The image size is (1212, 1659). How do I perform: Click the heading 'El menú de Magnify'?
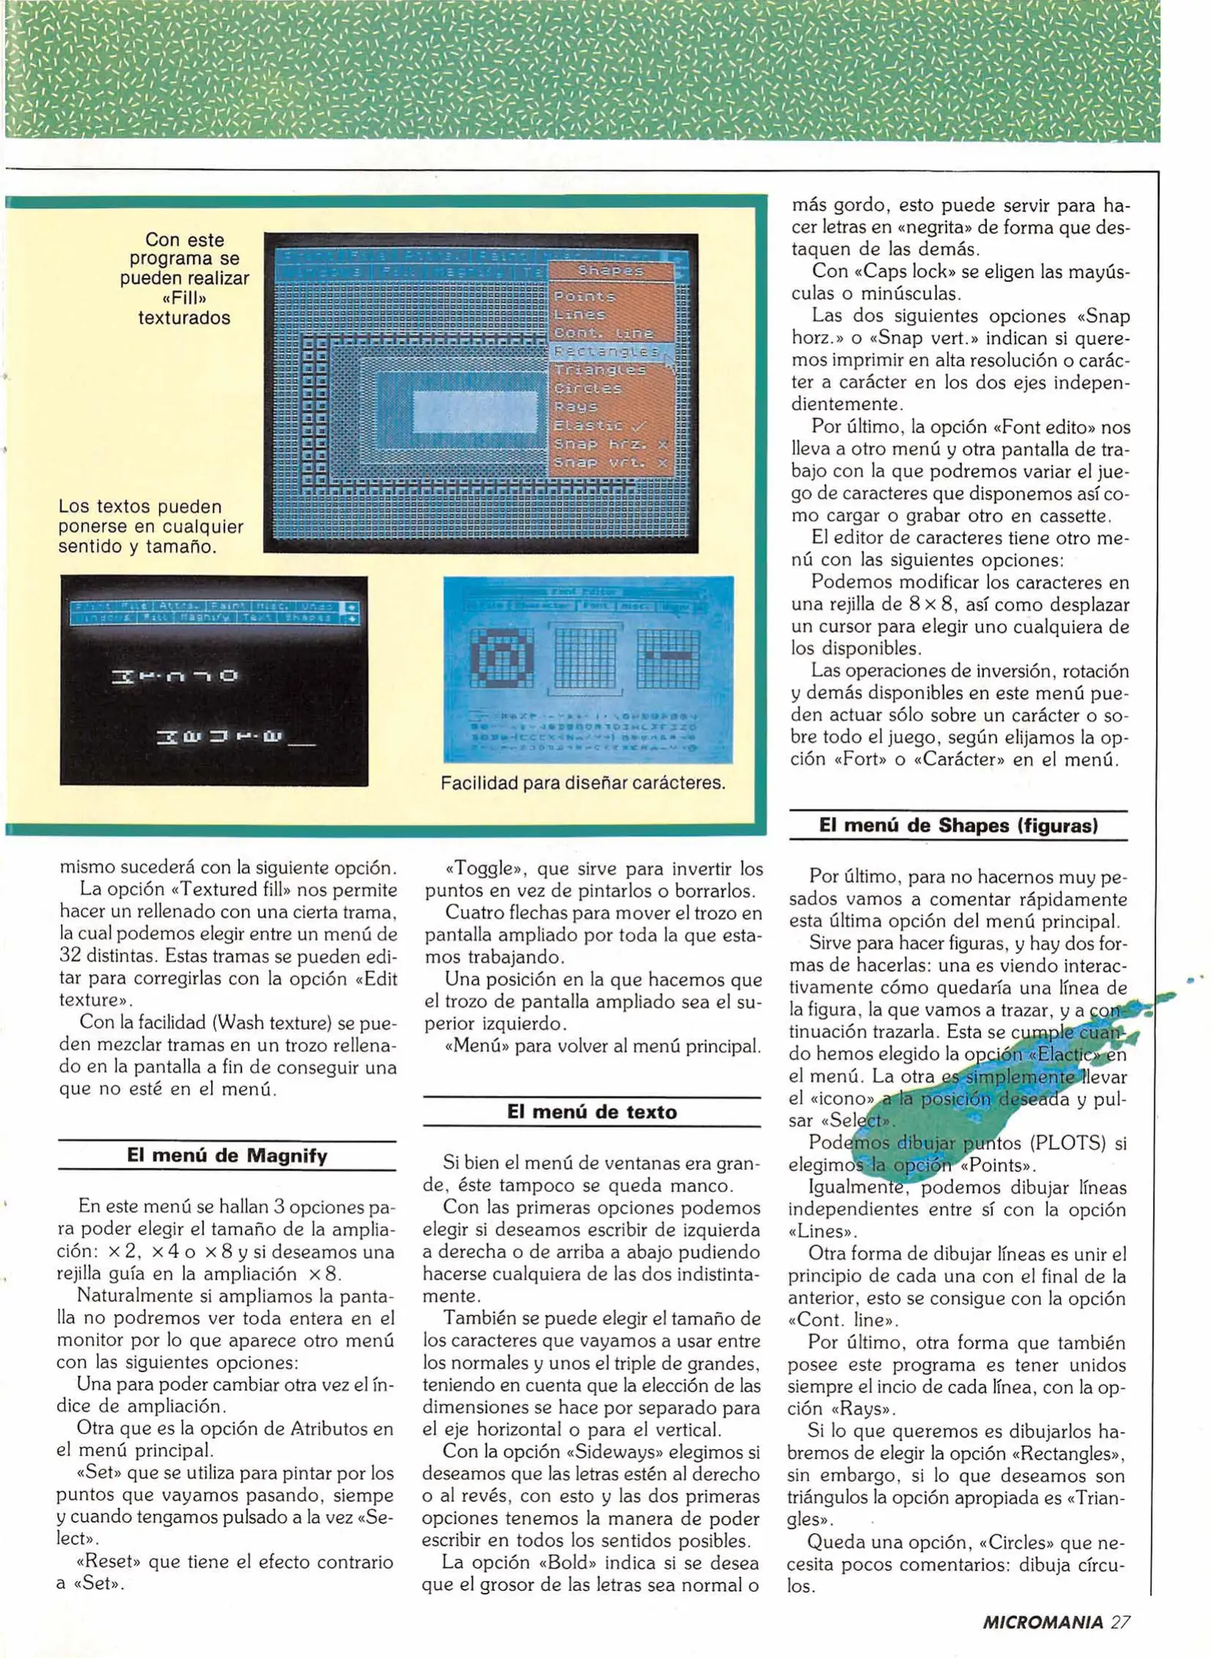click(x=227, y=1156)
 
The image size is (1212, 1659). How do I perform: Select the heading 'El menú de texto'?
click(x=591, y=1112)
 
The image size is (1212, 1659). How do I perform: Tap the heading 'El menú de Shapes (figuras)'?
click(x=958, y=826)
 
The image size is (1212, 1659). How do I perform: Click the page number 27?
click(x=1121, y=1622)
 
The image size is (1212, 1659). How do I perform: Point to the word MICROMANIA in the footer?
click(x=1042, y=1622)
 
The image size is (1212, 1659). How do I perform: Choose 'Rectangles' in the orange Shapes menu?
click(x=607, y=352)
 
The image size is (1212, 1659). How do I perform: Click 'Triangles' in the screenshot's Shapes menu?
click(x=600, y=370)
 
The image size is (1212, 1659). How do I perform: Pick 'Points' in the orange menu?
click(x=584, y=296)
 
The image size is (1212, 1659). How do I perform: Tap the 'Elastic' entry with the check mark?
click(x=600, y=426)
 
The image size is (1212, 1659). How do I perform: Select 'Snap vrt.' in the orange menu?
click(x=610, y=462)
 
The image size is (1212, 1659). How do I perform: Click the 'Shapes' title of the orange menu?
click(x=611, y=270)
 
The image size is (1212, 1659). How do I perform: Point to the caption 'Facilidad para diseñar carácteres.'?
click(x=583, y=783)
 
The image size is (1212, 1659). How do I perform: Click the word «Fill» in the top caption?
click(x=184, y=298)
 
